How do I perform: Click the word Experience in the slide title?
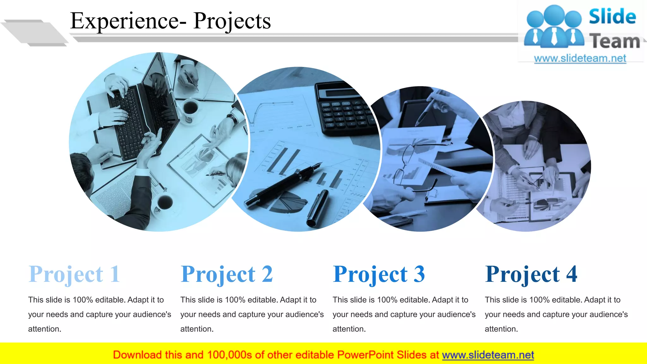(124, 21)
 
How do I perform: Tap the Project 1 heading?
(74, 274)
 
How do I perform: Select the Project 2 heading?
(227, 274)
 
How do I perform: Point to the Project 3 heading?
(379, 274)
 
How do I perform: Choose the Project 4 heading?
(531, 274)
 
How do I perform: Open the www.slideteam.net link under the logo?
(580, 58)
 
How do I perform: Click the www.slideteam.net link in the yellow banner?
(488, 355)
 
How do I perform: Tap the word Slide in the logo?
(612, 16)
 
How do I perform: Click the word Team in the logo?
(614, 41)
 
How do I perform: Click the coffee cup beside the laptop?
(190, 109)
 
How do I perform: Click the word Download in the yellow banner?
(137, 355)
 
